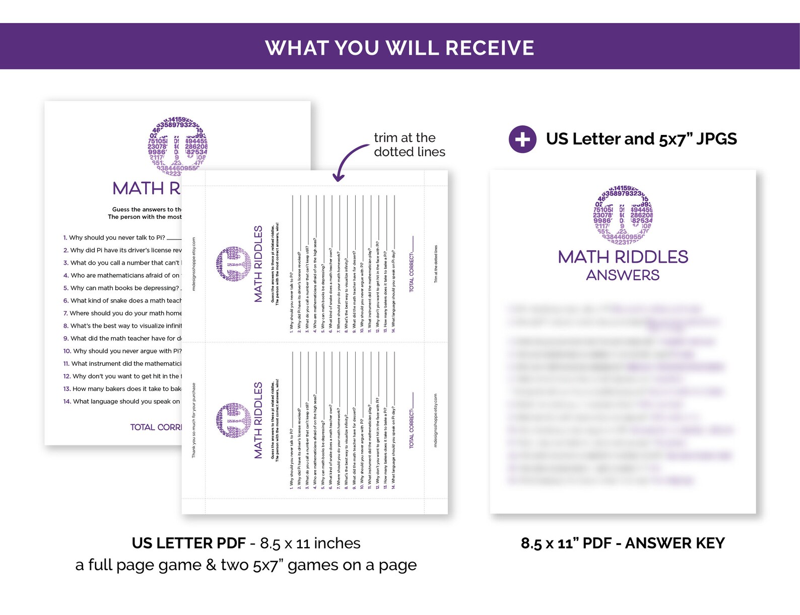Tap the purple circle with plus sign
click(x=522, y=139)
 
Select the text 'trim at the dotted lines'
click(x=409, y=145)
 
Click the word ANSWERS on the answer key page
click(x=623, y=275)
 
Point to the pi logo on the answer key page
click(x=623, y=215)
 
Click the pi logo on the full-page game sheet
click(x=178, y=146)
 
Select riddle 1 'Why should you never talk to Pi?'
click(x=117, y=238)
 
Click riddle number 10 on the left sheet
click(x=67, y=351)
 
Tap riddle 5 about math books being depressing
click(x=124, y=288)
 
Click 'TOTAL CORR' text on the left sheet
click(x=156, y=427)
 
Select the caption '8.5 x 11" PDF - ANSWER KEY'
click(x=623, y=544)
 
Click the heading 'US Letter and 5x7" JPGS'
click(x=641, y=139)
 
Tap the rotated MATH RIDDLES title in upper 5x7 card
click(x=258, y=264)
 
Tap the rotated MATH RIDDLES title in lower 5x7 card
click(x=258, y=420)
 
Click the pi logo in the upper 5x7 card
click(x=233, y=264)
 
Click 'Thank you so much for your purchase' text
click(x=194, y=420)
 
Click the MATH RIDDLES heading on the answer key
click(x=623, y=257)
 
